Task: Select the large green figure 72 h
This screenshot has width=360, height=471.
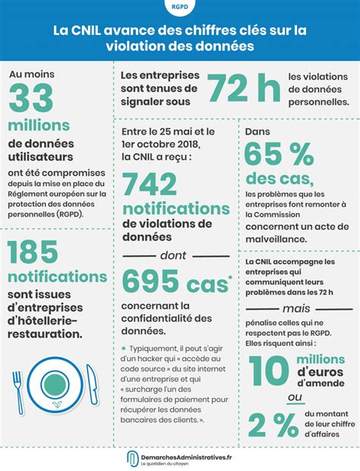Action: [243, 89]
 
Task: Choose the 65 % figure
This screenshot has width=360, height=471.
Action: [279, 156]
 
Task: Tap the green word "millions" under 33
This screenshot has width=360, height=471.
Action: [39, 125]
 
